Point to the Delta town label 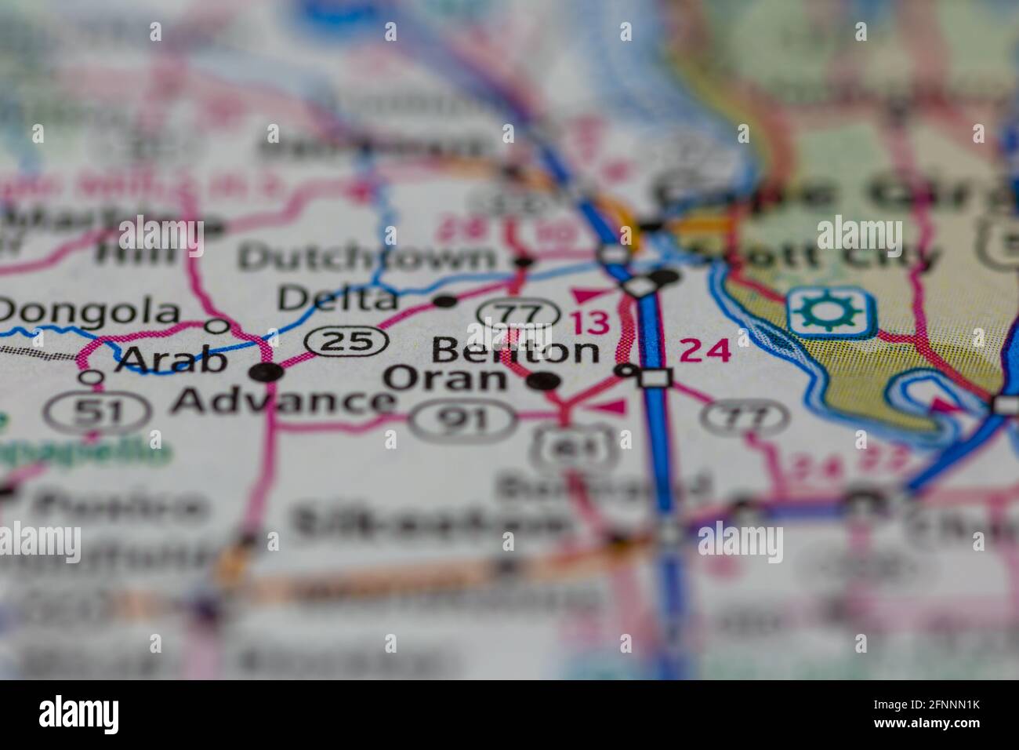tap(338, 299)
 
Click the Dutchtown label tap(368, 257)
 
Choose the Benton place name tap(515, 351)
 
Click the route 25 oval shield tap(346, 341)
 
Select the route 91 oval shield tap(463, 420)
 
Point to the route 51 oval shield tap(97, 411)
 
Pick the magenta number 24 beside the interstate tap(705, 351)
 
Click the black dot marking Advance tap(268, 372)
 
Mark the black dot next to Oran tap(544, 382)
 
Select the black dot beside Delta tap(445, 301)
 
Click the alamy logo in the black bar tap(79, 715)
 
